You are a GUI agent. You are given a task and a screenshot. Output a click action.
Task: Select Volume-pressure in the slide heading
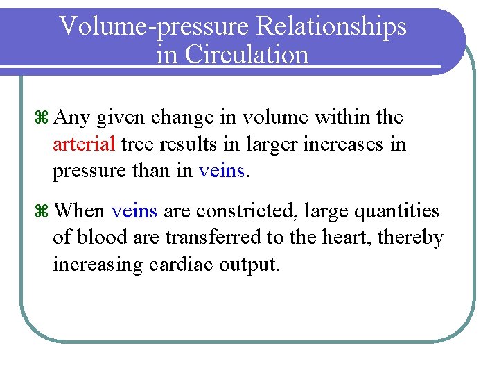point(157,26)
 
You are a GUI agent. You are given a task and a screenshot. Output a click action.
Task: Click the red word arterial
point(84,145)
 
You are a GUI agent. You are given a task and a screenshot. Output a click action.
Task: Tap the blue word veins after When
point(134,211)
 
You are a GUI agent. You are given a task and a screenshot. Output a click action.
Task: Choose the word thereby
point(417,237)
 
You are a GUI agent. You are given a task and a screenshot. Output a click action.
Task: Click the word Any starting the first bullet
point(72,119)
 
